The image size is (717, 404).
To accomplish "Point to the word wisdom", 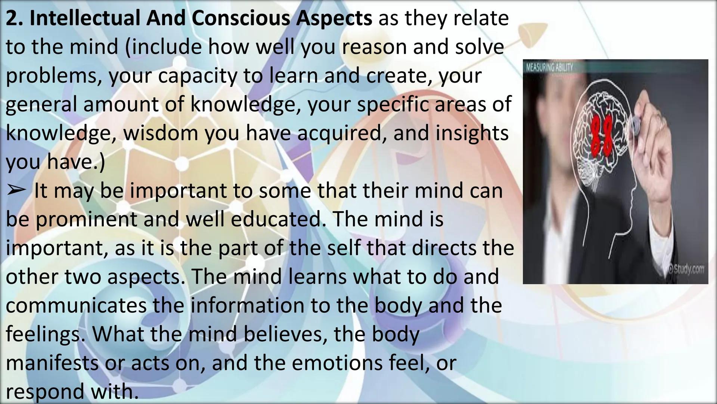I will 161,133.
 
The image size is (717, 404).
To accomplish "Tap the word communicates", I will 76,306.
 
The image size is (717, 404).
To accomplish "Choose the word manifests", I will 52,363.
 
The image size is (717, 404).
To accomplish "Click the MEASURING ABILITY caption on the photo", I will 549,68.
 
